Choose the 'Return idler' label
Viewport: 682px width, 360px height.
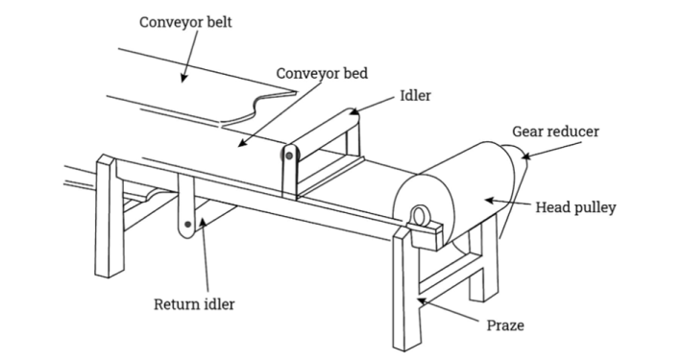[x=195, y=306]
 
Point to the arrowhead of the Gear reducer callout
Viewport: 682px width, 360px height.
[x=524, y=156]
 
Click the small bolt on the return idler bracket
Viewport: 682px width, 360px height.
[x=189, y=227]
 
